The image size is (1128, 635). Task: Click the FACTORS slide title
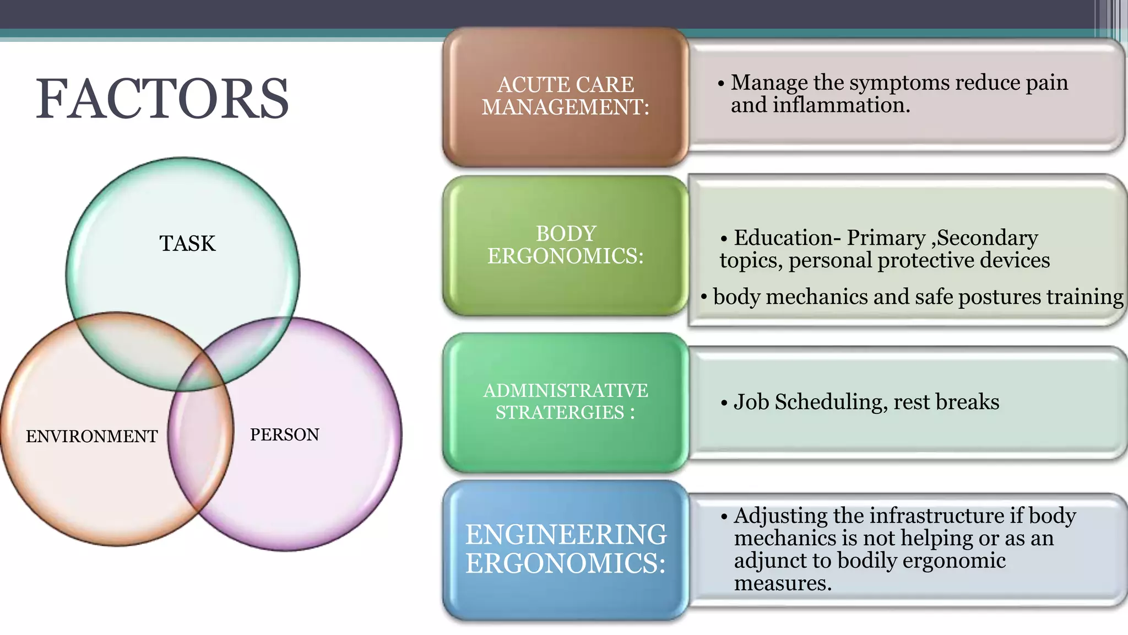coord(162,99)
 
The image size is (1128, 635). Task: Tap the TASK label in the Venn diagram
coord(187,244)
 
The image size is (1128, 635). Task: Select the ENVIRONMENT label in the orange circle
coord(91,437)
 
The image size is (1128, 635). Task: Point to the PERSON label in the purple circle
coord(284,435)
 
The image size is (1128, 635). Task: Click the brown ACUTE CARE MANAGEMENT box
coord(565,96)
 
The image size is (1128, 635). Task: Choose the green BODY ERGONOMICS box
coord(565,245)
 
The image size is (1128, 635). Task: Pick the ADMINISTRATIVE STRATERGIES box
coord(565,402)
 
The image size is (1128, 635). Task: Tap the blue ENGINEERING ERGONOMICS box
coord(565,549)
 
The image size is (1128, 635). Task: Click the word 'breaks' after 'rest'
coord(970,402)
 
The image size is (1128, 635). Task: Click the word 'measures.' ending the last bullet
coord(783,583)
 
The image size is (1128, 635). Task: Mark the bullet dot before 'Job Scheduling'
coord(724,403)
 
